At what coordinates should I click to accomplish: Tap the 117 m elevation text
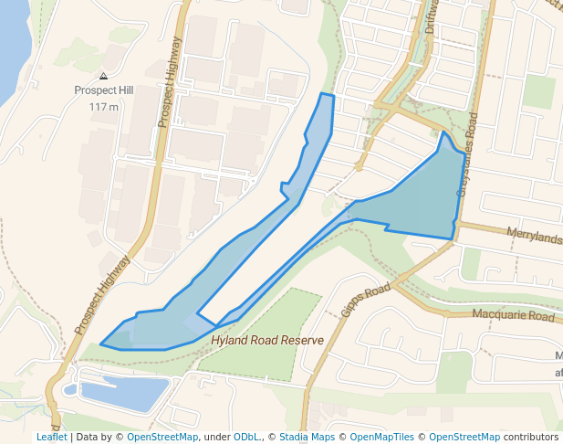(x=104, y=107)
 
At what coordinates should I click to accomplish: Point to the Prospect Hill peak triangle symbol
(x=103, y=77)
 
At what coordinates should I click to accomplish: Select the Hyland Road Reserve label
(x=267, y=340)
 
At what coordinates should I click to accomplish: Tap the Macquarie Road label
(x=513, y=316)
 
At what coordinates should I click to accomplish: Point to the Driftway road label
(x=432, y=16)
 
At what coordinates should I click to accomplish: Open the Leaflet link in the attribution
(x=51, y=437)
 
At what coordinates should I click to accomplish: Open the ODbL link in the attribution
(x=248, y=437)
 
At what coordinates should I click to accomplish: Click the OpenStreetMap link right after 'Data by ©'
(x=162, y=437)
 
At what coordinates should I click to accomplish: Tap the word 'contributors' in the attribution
(x=531, y=437)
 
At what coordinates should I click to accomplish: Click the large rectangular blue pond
(x=124, y=393)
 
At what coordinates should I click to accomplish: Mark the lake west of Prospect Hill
(x=11, y=46)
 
